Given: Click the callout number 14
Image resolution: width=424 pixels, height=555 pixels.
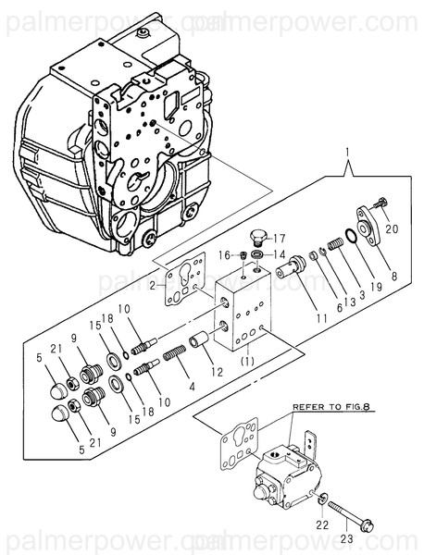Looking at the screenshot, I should (x=281, y=253).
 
